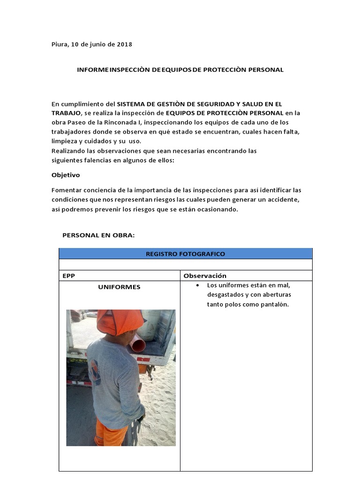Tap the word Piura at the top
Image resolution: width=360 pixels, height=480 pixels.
(x=60, y=45)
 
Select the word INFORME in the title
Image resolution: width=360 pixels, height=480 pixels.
(x=93, y=70)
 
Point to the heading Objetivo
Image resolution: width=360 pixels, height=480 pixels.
(x=66, y=175)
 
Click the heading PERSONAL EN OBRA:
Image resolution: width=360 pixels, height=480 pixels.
(x=98, y=235)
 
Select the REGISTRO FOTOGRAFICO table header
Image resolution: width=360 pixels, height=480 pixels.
(x=185, y=254)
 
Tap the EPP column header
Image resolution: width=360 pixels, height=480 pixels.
(x=68, y=276)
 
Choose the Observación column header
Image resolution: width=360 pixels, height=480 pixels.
(x=205, y=276)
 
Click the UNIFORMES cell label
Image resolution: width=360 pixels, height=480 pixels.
(x=119, y=287)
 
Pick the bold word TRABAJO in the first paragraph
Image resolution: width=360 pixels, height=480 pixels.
(x=66, y=113)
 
